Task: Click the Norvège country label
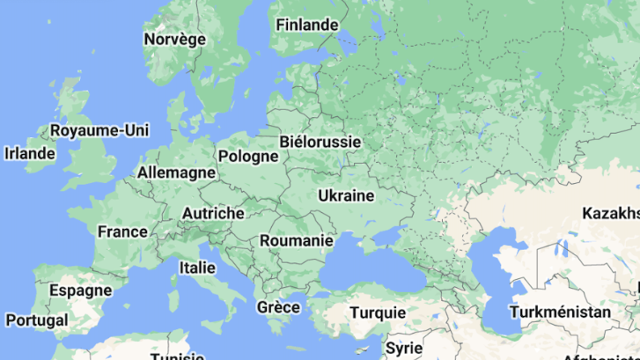click(174, 39)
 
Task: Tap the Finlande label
click(306, 25)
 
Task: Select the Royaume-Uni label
click(99, 130)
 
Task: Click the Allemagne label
click(176, 172)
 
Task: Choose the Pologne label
click(248, 156)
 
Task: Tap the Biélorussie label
click(319, 141)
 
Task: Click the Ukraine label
click(346, 195)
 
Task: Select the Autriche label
click(213, 213)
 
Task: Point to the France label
click(122, 231)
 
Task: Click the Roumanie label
click(297, 239)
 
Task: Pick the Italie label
click(196, 267)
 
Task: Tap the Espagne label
click(80, 290)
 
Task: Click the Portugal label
click(35, 320)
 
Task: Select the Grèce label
click(278, 307)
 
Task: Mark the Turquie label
click(378, 312)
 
